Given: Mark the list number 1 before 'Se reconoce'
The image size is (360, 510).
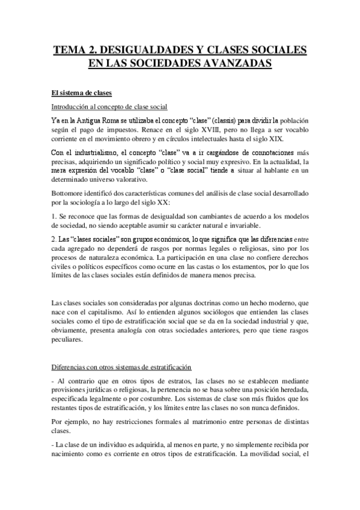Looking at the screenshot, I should click(52, 215).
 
